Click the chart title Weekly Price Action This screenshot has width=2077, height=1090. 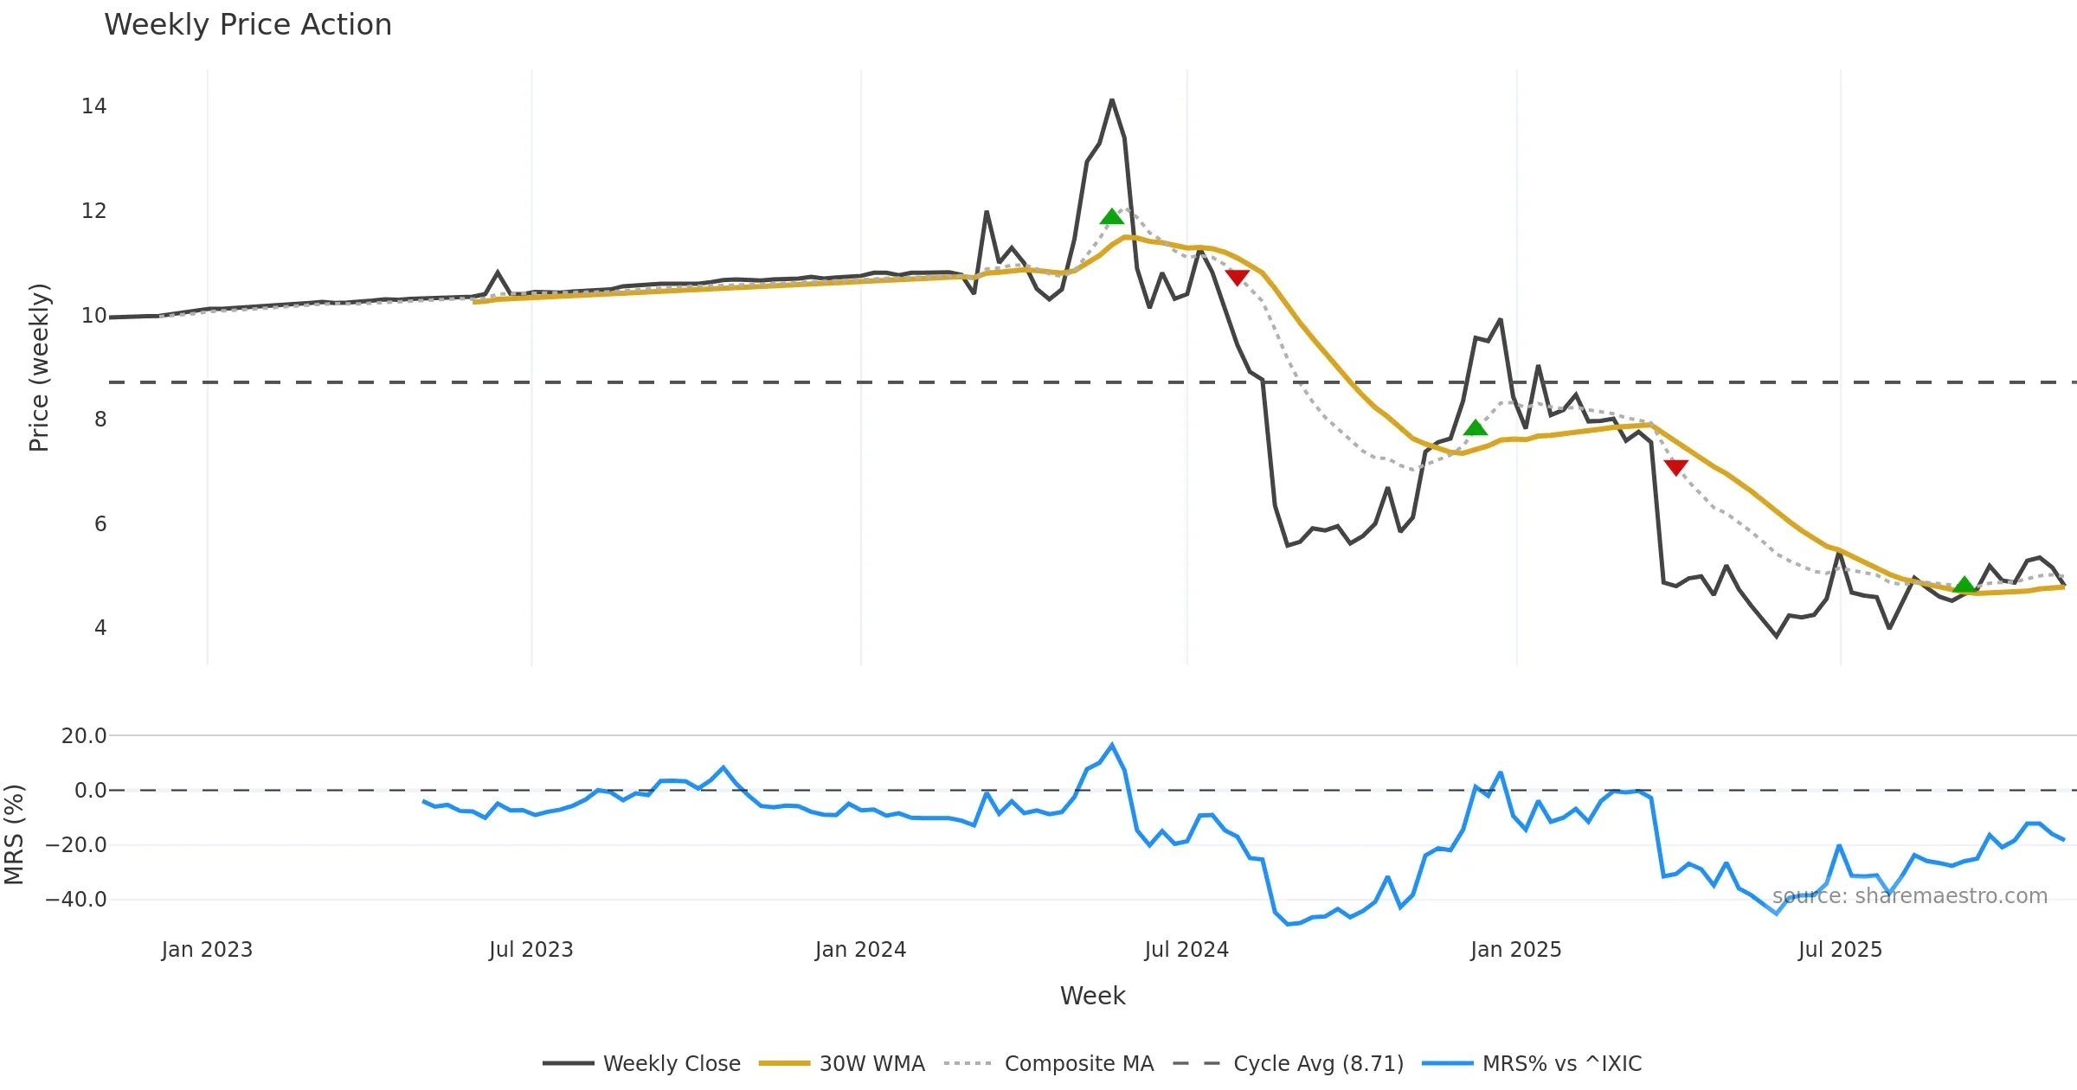(248, 25)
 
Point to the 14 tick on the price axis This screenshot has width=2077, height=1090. (93, 106)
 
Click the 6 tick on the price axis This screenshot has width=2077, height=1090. (100, 524)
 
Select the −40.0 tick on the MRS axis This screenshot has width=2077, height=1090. (76, 900)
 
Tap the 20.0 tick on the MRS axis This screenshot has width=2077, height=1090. (84, 736)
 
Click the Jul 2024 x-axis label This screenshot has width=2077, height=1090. (1186, 950)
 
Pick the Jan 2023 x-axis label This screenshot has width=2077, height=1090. (207, 950)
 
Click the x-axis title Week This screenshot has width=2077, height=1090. (1092, 997)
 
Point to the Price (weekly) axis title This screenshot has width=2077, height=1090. (39, 368)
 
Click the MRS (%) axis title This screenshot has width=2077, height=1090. (14, 835)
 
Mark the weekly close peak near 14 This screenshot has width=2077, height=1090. (1112, 100)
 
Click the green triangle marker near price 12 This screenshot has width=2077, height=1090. (1112, 217)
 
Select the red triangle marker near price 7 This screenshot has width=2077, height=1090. (1676, 467)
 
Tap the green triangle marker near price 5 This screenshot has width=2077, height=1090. (1964, 585)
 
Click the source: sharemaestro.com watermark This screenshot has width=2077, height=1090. (1909, 896)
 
